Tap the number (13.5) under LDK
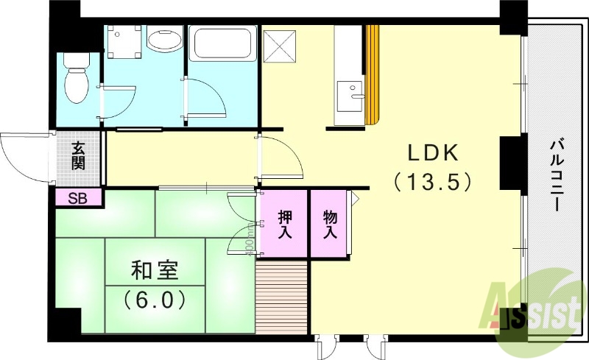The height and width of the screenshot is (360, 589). pos(433,180)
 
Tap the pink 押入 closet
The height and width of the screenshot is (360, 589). pos(283,224)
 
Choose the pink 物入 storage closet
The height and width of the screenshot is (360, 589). pos(329,224)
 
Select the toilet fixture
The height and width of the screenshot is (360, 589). pos(75,82)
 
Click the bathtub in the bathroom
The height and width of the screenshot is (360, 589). pos(222,44)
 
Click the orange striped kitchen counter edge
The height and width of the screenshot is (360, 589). pos(373,74)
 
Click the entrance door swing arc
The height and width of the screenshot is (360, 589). pos(22,157)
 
